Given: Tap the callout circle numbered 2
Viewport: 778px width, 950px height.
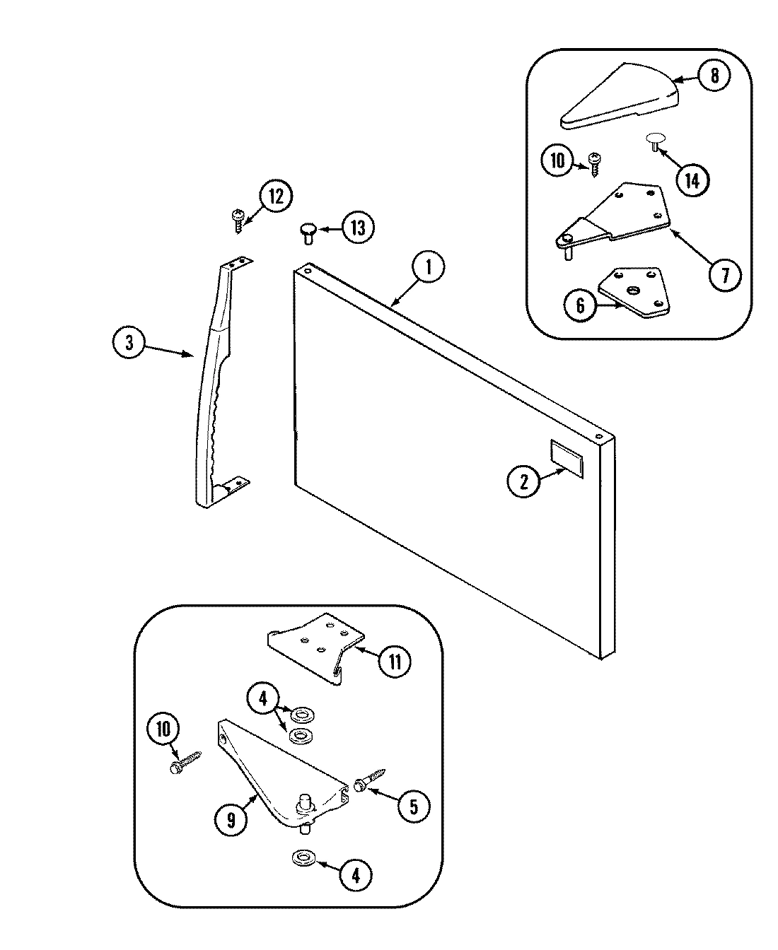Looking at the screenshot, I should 524,482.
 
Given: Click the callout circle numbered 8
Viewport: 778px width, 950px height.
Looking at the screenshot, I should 714,76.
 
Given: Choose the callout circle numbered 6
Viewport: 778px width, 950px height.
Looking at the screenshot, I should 580,305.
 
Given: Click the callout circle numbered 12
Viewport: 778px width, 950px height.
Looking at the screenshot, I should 275,197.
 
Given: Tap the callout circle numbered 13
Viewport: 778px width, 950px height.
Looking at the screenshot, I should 359,228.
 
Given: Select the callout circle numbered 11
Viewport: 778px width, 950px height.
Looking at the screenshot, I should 394,661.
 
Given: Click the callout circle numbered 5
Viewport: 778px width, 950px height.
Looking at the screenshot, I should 414,807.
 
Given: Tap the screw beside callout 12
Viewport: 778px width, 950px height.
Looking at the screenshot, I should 237,220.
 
